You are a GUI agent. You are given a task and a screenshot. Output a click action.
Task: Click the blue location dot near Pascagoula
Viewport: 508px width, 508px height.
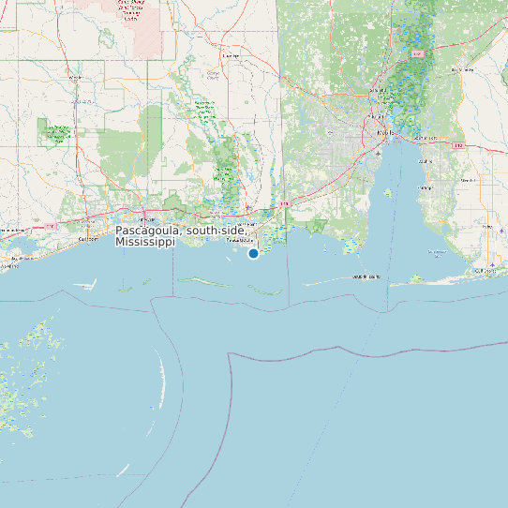(253, 253)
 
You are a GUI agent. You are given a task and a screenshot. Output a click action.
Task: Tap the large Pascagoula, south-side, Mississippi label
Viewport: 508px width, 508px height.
(181, 236)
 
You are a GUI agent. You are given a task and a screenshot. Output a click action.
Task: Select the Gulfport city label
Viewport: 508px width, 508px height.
(88, 239)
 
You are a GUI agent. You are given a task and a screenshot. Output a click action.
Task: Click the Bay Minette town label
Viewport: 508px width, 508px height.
(461, 69)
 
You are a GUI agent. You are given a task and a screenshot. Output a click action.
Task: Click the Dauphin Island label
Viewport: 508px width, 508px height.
(366, 277)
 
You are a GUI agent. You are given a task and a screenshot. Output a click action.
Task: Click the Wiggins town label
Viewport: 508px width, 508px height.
(76, 77)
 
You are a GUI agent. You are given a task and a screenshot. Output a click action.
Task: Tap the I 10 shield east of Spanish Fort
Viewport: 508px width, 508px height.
(457, 146)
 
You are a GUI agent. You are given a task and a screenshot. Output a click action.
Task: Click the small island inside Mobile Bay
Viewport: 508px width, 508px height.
(387, 193)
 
